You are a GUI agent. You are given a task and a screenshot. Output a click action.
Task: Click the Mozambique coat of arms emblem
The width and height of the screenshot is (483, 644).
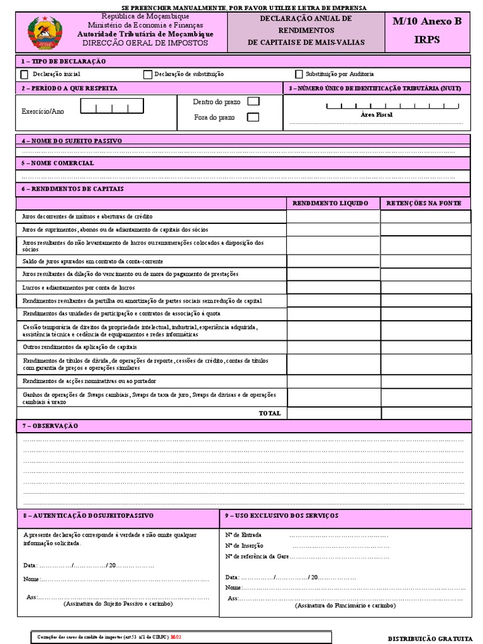point(43,33)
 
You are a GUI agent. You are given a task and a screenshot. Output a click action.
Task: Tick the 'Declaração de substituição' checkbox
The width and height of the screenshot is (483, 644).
point(148,74)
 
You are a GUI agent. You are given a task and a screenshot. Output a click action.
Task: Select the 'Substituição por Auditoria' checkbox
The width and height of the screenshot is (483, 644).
point(299,74)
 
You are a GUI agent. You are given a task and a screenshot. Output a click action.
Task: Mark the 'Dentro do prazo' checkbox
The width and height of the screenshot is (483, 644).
point(253,101)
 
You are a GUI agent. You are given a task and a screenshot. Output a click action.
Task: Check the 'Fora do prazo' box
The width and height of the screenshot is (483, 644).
point(253,117)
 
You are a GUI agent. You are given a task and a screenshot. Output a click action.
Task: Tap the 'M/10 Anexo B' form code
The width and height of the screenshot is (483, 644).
point(427,21)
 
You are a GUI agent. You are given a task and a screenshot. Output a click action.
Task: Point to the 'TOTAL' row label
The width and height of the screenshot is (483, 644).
point(270,413)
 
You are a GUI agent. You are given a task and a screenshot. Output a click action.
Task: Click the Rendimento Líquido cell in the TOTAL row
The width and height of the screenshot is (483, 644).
point(333,413)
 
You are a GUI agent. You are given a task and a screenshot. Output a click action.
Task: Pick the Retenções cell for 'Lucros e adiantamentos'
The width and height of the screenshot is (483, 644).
point(425,287)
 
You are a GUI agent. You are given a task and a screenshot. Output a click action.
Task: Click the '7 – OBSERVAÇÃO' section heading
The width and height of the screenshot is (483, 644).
point(50,426)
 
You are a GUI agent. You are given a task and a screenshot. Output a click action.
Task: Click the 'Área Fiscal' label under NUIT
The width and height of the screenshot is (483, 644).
point(376,115)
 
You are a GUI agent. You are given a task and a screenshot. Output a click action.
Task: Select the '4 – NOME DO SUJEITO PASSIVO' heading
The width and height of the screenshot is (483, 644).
point(72,141)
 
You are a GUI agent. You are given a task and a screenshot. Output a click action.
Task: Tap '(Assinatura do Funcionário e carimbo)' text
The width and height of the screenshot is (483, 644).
point(345,605)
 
